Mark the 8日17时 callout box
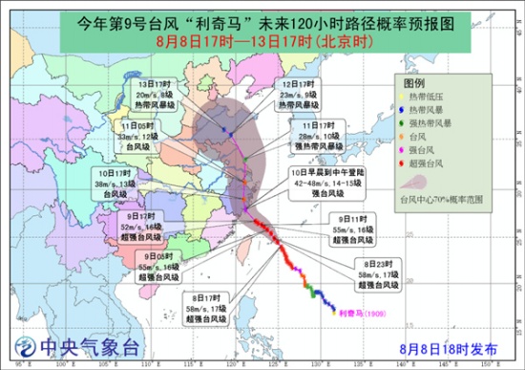pos(206,304)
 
